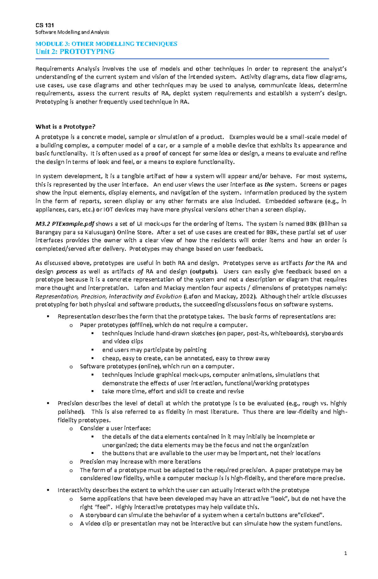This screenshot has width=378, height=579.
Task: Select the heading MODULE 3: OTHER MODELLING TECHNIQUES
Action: point(106,44)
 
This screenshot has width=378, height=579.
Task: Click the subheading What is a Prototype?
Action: point(65,127)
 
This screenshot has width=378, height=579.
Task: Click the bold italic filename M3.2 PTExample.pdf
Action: point(65,224)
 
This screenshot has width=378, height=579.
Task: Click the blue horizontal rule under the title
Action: point(182,59)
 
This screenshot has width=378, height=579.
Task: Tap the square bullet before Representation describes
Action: point(48,316)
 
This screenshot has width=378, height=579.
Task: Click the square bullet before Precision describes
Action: point(48,403)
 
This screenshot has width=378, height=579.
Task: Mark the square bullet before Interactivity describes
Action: point(48,490)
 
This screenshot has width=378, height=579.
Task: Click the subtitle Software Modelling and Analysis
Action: point(72,32)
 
